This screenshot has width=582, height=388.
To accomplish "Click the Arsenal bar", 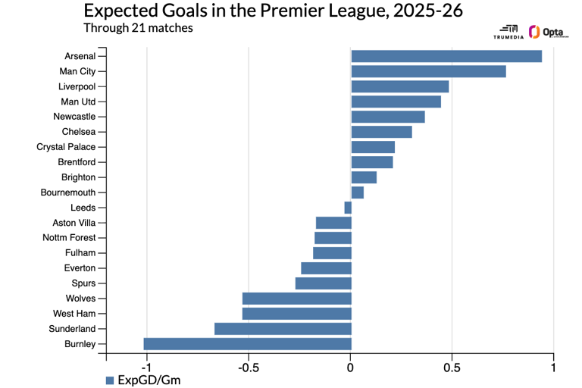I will pos(446,56).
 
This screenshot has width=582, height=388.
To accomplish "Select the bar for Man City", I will pos(428,71).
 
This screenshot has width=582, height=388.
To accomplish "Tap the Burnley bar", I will pos(247,344).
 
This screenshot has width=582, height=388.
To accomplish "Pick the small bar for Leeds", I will pos(348,208).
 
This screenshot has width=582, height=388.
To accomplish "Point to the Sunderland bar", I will pos(283,329).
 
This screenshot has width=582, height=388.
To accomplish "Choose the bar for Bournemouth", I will pos(357,192).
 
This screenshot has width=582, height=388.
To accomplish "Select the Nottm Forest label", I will pos(68,238).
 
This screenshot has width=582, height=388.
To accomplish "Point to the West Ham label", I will pos(74,314).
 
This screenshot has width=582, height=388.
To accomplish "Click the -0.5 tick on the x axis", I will pos(249,368).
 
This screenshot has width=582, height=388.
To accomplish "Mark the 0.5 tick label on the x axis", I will pos(452,368).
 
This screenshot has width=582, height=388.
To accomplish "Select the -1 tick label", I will pos(146,368).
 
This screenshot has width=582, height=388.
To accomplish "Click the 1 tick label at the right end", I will pos(553,368).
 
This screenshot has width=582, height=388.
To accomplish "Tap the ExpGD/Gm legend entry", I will pos(143,380).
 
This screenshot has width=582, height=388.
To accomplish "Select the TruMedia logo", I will pos(508,32).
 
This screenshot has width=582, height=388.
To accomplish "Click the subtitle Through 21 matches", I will pos(138,28).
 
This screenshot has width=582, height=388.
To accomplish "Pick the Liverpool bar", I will pos(399,86).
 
